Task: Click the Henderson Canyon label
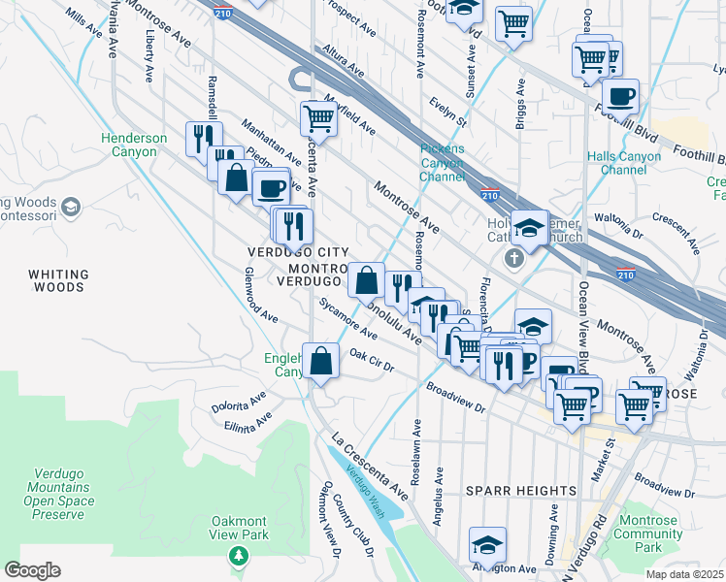134,145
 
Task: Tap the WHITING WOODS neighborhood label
58,280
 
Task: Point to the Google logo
32,570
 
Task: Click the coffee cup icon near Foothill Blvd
619,96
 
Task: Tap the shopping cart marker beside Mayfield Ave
318,118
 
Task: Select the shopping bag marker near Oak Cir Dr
320,362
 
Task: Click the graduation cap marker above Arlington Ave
487,543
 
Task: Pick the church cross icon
513,259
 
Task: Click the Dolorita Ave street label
239,403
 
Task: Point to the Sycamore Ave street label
347,320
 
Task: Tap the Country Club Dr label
351,525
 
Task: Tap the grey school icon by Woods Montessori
70,207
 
